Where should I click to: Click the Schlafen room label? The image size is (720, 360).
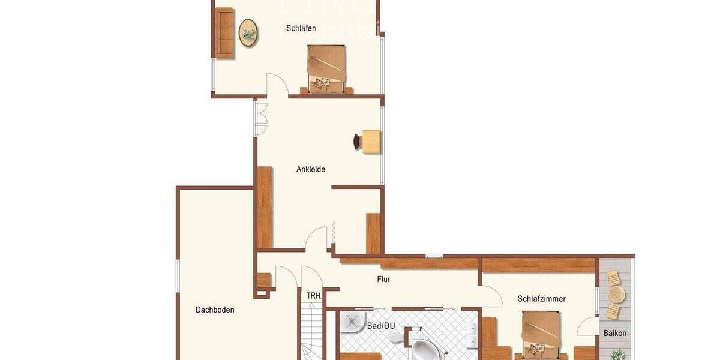pos(301,28)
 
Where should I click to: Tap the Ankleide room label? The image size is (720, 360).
pos(311,169)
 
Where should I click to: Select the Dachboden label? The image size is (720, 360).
pos(215,310)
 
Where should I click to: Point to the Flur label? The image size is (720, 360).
pos(383,279)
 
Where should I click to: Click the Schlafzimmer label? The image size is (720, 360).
pos(541,298)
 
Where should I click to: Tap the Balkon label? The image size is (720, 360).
pos(615,333)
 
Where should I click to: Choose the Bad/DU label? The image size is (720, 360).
pos(381,326)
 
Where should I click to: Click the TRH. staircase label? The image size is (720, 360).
pos(314,296)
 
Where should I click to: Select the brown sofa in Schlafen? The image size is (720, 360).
pos(225,33)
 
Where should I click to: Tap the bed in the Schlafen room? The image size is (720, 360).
pos(326,69)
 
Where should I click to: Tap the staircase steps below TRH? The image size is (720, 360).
pos(311,333)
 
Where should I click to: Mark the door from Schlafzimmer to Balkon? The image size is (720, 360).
pos(587,327)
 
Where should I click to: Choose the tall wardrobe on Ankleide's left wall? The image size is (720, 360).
pos(265,207)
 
